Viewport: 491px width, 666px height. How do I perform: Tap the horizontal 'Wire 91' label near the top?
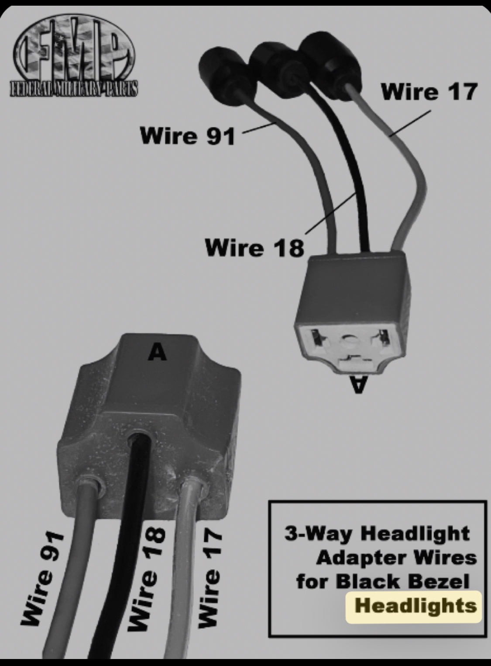tap(188, 135)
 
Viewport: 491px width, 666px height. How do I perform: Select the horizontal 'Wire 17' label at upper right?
tap(429, 92)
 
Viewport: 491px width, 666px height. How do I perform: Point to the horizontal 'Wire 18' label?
tap(254, 247)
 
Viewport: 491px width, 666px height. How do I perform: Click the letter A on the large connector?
tap(157, 351)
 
